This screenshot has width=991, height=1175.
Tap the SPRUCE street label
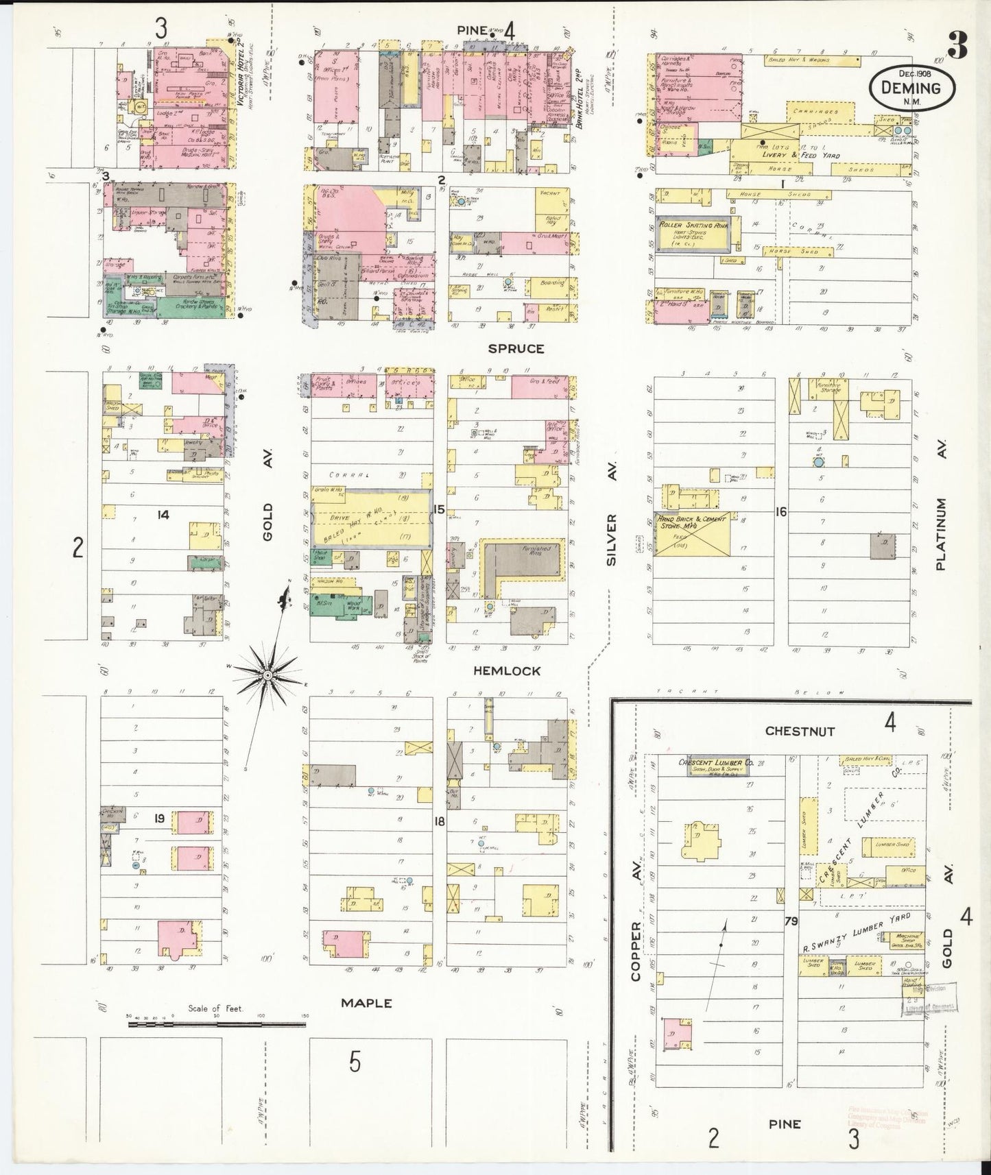[516, 348]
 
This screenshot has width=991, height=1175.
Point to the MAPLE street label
[367, 1002]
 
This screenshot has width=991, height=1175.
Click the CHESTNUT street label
[800, 731]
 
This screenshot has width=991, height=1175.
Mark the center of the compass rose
[268, 675]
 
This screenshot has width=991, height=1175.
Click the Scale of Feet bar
[217, 1024]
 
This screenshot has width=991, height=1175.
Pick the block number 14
[163, 515]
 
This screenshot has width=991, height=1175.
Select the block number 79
[791, 922]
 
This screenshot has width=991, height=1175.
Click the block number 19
[159, 817]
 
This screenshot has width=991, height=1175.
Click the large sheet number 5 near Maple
[354, 1062]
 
